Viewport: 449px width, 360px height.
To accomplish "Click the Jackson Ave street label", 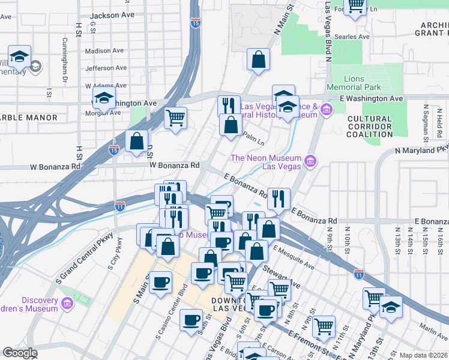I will pos(112,14).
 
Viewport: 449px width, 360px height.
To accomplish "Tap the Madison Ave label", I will pos(104,51).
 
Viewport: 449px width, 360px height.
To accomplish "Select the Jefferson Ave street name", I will pos(107,68).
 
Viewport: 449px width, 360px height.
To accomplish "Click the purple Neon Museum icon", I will pos(310,160).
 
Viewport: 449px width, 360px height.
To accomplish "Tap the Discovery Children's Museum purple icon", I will pos(67,304).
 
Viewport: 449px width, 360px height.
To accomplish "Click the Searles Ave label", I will pos(351,37).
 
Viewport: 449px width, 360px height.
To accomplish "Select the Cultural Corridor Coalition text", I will pos(378,127).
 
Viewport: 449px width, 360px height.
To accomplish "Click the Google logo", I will pos(20,353).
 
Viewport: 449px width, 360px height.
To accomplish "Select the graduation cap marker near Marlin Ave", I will pos(391,308).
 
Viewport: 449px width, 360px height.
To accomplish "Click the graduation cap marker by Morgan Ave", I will pos(104,97).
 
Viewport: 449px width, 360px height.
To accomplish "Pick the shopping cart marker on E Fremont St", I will pos(324,326).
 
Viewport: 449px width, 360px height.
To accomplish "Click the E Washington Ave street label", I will pos(370,98).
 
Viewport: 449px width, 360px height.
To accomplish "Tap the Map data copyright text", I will pos(423,355).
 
